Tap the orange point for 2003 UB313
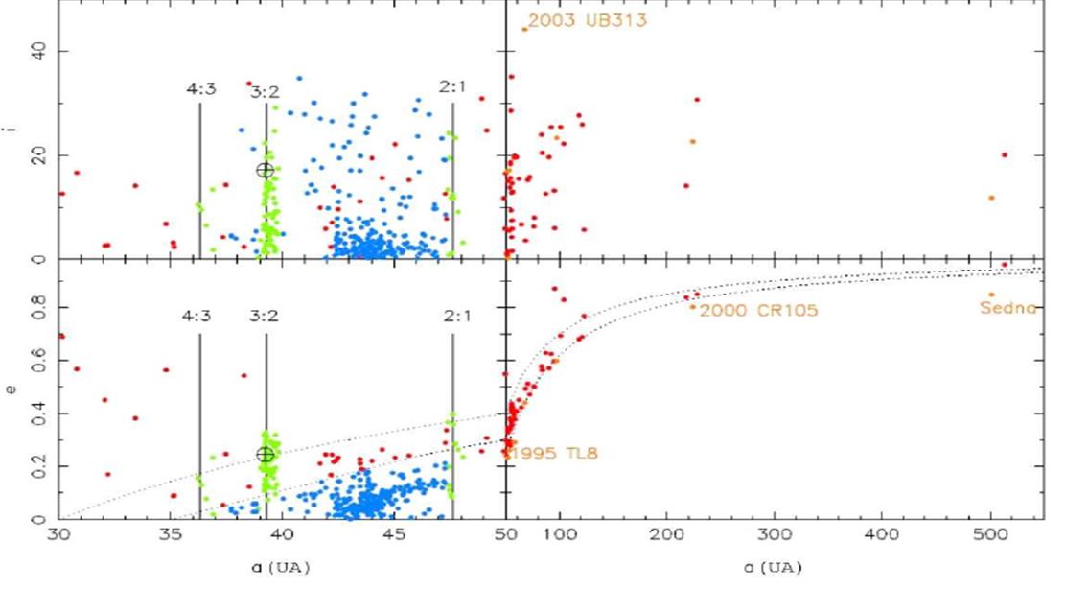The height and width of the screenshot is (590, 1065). click(x=524, y=29)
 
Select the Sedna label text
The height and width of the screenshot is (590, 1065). click(x=1007, y=308)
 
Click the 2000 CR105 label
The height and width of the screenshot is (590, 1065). click(x=758, y=311)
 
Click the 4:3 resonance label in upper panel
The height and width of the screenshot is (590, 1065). click(x=200, y=89)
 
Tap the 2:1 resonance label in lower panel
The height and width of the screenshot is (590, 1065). click(x=452, y=316)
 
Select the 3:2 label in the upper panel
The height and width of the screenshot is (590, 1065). click(x=266, y=91)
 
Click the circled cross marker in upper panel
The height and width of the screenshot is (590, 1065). click(x=266, y=170)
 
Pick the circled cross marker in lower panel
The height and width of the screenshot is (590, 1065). click(x=266, y=454)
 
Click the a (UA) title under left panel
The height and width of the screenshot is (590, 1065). click(x=283, y=568)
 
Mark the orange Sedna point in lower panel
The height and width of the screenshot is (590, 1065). click(x=991, y=295)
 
